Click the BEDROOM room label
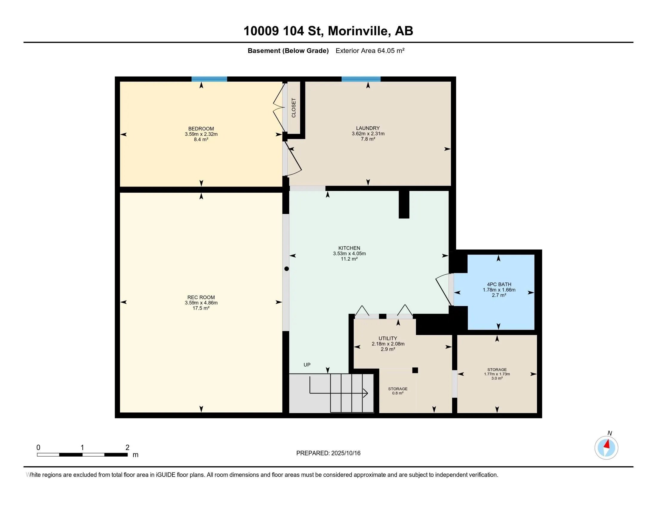pos(201,129)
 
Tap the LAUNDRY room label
pos(368,128)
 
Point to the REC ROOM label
pos(201,297)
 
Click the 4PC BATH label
pos(499,284)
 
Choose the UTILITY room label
pos(387,338)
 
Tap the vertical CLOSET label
pos(294,108)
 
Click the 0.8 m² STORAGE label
pos(397,389)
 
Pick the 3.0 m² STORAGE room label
pos(497,370)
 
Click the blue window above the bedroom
pos(209,79)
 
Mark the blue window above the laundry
pos(361,79)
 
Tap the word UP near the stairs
pos(307,365)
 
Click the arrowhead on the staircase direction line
pos(366,393)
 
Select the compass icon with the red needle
pos(606,448)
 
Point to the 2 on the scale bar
pos(127,448)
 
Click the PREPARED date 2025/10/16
pos(346,453)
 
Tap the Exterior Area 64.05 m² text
pos(370,51)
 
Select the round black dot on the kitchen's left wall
pos(286,269)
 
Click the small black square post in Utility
pos(415,370)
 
